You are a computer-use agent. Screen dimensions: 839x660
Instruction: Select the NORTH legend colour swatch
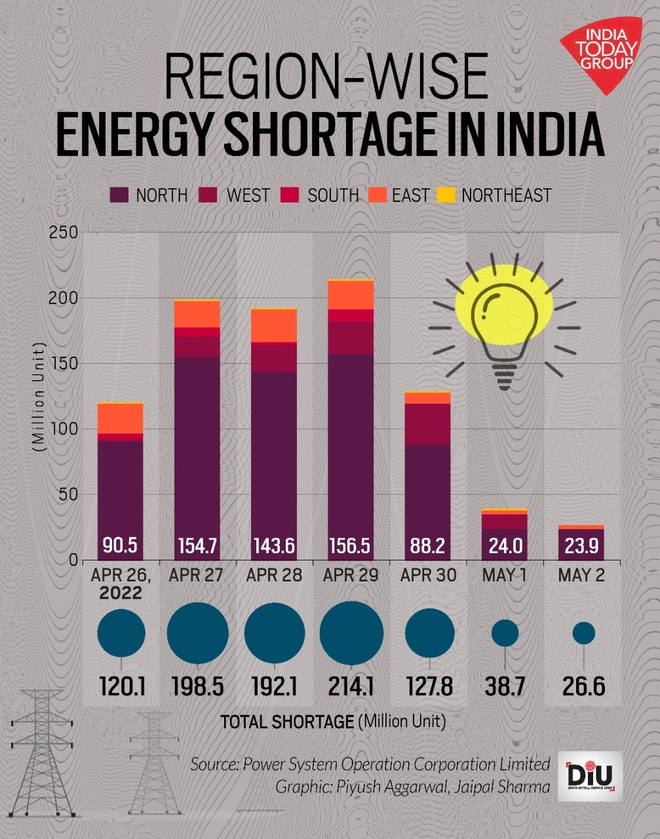pyautogui.click(x=119, y=195)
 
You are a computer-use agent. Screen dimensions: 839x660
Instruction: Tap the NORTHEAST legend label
pyautogui.click(x=506, y=195)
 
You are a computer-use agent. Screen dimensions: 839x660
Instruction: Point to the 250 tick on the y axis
pyautogui.click(x=64, y=232)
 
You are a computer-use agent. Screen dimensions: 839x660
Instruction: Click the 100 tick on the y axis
pyautogui.click(x=64, y=429)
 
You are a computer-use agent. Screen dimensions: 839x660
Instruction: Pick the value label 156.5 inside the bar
pyautogui.click(x=350, y=545)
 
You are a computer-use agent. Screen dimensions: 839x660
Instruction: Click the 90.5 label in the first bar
pyautogui.click(x=120, y=545)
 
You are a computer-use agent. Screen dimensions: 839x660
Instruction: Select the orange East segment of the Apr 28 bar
pyautogui.click(x=274, y=325)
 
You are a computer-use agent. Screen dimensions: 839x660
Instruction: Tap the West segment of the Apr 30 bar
pyautogui.click(x=427, y=424)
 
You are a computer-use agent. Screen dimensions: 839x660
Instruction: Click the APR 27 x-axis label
pyautogui.click(x=196, y=576)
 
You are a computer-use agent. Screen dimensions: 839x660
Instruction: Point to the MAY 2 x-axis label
pyautogui.click(x=581, y=576)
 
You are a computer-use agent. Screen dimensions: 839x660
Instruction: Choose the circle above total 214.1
pyautogui.click(x=351, y=633)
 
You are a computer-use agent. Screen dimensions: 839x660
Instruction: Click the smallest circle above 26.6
pyautogui.click(x=583, y=633)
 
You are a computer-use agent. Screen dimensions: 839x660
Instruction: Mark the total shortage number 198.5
pyautogui.click(x=197, y=686)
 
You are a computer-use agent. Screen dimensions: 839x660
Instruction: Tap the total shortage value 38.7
pyautogui.click(x=505, y=686)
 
